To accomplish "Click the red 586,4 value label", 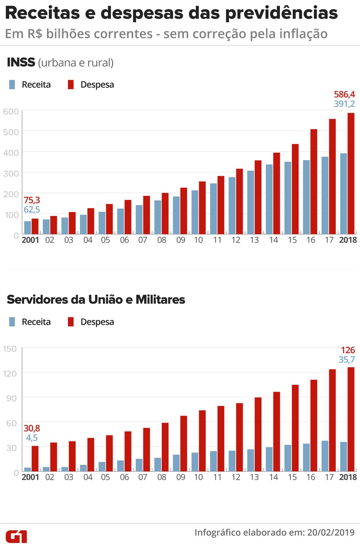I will [x=344, y=94].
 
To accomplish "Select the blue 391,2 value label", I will [x=344, y=104].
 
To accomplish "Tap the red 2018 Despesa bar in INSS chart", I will [x=351, y=174].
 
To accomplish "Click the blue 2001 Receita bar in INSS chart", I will [x=27, y=227].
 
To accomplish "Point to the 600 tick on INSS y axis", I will [x=11, y=112].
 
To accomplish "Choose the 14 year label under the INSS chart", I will [x=273, y=240].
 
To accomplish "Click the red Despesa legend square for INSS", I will [x=71, y=84].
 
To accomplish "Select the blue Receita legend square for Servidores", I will [x=12, y=322].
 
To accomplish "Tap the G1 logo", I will [x=16, y=536].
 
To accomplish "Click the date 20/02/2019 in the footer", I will [x=331, y=532].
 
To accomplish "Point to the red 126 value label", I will [x=348, y=350].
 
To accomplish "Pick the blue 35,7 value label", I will [x=346, y=359].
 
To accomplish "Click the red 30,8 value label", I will [x=32, y=428].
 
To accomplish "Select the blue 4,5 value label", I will [x=32, y=438].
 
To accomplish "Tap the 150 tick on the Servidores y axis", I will [x=10, y=349].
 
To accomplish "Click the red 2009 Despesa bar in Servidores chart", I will [x=184, y=443].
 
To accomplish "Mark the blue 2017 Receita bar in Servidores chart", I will [x=325, y=456].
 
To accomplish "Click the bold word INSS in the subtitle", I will [x=21, y=63].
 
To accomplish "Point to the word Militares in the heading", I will [x=160, y=299].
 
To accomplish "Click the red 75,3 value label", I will [x=32, y=200].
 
